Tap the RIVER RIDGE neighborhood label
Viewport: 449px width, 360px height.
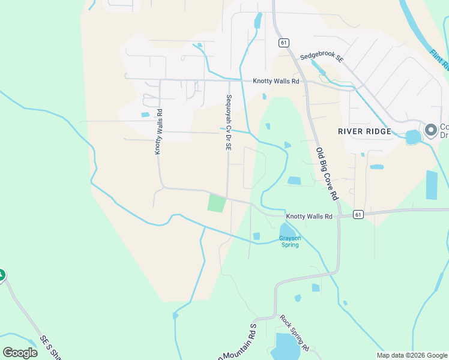364,131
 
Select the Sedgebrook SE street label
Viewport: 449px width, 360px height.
321,58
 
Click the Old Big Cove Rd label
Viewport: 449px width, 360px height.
327,174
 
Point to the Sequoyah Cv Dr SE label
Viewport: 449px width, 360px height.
229,123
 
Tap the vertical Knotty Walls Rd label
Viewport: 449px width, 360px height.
158,131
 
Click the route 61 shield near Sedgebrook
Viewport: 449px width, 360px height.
283,43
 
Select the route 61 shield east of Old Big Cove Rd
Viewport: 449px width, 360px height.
358,214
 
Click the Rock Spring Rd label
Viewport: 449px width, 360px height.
294,333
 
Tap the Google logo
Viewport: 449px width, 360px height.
20,352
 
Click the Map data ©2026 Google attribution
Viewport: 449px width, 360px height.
412,355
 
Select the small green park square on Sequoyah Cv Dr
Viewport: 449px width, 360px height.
217,202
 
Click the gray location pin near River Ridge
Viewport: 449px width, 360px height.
430,130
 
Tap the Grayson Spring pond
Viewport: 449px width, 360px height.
286,230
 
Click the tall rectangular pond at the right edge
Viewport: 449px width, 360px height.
432,185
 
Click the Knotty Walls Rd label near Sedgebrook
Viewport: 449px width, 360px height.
276,81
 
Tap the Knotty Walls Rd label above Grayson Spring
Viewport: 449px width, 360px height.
309,216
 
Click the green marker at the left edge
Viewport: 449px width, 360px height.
1,275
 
